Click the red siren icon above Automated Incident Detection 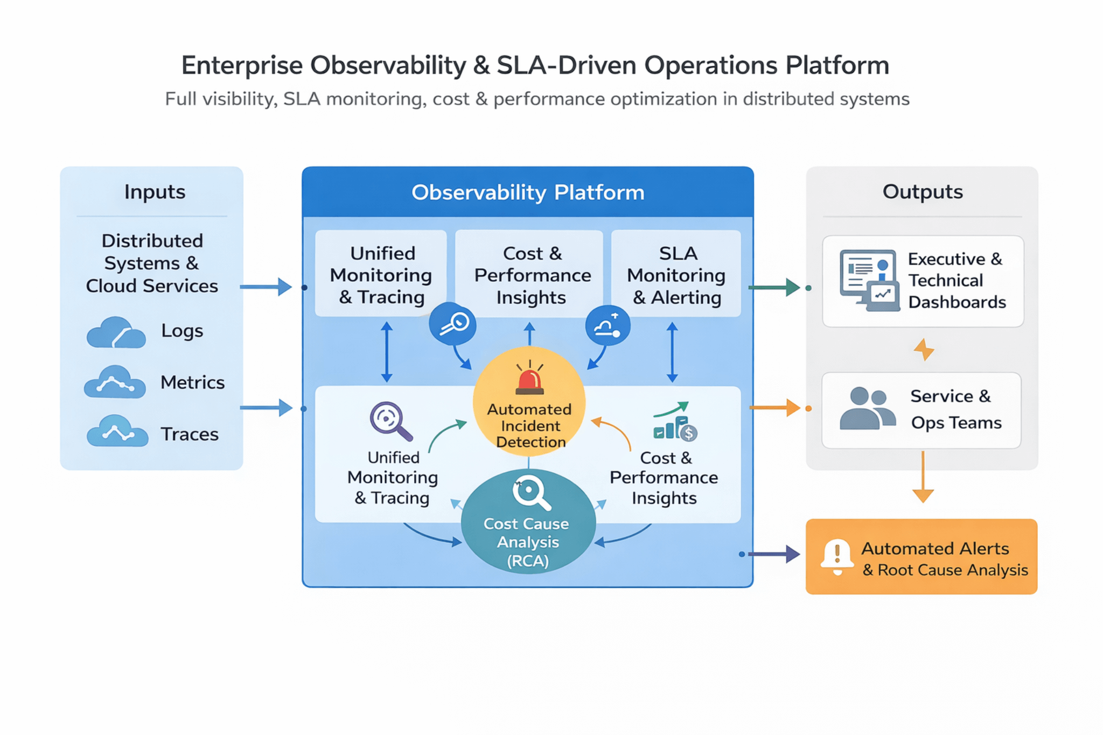coord(530,379)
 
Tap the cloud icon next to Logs coord(116,333)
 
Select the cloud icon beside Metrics coord(115,382)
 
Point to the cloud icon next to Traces coord(117,431)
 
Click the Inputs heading coord(155,192)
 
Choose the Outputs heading coord(922,192)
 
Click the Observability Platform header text coord(528,193)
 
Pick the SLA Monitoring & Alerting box coord(676,275)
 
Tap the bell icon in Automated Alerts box coord(837,557)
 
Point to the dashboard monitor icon coord(869,280)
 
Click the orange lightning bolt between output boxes coord(924,349)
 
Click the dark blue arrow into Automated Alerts coord(773,554)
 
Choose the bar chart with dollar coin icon coord(675,424)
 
